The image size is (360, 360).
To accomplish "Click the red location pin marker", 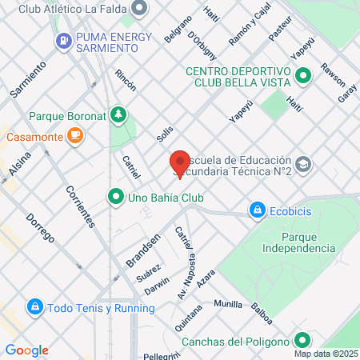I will tap(180, 162).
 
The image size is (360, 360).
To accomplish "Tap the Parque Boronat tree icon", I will tap(118, 115).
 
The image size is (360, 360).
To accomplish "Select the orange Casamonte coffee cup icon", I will tap(74, 136).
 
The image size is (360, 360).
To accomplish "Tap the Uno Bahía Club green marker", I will tap(116, 196).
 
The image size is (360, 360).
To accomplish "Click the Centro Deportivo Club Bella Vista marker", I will tap(303, 77).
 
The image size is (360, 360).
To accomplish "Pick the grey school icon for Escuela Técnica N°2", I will tap(303, 164).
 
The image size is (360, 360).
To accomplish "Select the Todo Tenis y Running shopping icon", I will tap(35, 307).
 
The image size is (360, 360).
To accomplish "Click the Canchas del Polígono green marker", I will tap(303, 342).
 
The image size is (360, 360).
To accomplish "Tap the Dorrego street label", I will tap(39, 228).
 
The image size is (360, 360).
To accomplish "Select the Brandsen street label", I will tap(143, 250).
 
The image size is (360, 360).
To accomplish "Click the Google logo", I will tap(27, 350).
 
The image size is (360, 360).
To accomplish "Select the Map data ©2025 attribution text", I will tap(326, 354).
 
